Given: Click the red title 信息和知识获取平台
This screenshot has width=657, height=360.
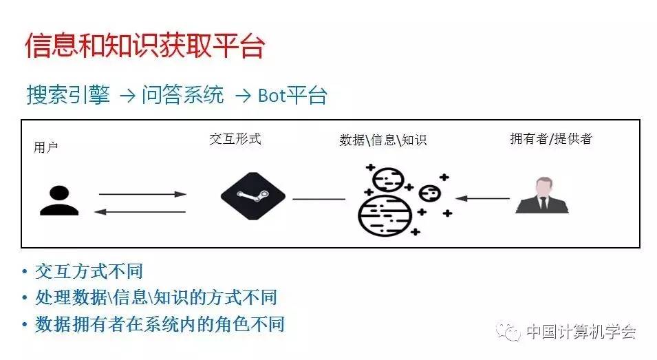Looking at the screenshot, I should click(144, 45).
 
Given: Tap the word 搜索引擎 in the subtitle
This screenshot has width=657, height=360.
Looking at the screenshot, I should click(68, 95).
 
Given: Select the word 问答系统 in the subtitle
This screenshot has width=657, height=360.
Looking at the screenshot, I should click(182, 95).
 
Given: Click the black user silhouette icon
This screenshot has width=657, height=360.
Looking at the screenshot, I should click(59, 201).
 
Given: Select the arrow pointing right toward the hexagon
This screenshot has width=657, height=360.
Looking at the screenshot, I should click(142, 194).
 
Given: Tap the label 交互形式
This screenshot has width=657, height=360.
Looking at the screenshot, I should click(235, 138).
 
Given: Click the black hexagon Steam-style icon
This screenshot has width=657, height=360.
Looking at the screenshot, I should click(252, 197).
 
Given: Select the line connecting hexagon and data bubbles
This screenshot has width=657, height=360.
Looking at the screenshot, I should click(319, 199).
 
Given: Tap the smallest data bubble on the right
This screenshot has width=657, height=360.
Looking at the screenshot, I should click(430, 193).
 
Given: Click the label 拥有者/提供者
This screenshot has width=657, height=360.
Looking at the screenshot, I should click(551, 138).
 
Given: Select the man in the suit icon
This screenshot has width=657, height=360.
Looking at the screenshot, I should click(543, 196).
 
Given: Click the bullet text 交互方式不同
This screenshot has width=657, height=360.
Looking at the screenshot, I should click(89, 271).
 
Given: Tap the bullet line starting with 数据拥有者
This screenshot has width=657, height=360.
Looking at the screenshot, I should click(160, 324).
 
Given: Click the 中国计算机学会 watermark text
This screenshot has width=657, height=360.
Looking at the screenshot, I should click(581, 332).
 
